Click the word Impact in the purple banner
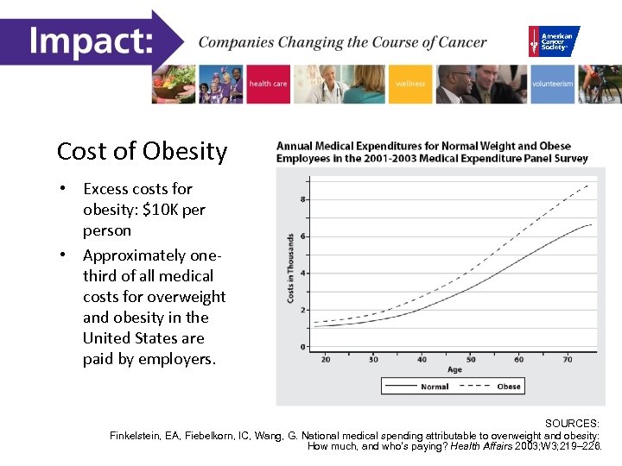pos(90,41)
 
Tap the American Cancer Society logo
pos(554,41)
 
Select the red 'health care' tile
pos(268,84)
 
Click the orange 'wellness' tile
pos(410,84)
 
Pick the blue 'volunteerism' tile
pos(552,84)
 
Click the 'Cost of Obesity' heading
pos(142,152)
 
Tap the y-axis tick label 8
pos(301,199)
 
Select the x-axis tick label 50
pos(471,359)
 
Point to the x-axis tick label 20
pos(326,359)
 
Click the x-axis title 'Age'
pos(454,370)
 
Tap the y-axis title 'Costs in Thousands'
pos(290,268)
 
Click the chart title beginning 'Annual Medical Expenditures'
pos(432,152)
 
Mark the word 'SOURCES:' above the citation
pos(572,424)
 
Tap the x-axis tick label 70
pos(568,359)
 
